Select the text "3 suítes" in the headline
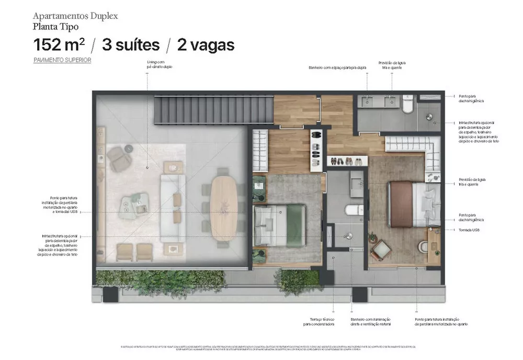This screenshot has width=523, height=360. coord(131,45)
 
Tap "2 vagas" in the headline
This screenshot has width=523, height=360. coord(206,45)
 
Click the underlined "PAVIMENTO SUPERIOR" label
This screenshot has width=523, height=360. coord(62,60)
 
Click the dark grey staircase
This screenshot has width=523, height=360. coord(213,109)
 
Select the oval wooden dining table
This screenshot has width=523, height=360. coord(224,207)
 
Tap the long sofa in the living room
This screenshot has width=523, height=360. coord(173,207)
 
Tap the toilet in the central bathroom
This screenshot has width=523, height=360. coord(354,210)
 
